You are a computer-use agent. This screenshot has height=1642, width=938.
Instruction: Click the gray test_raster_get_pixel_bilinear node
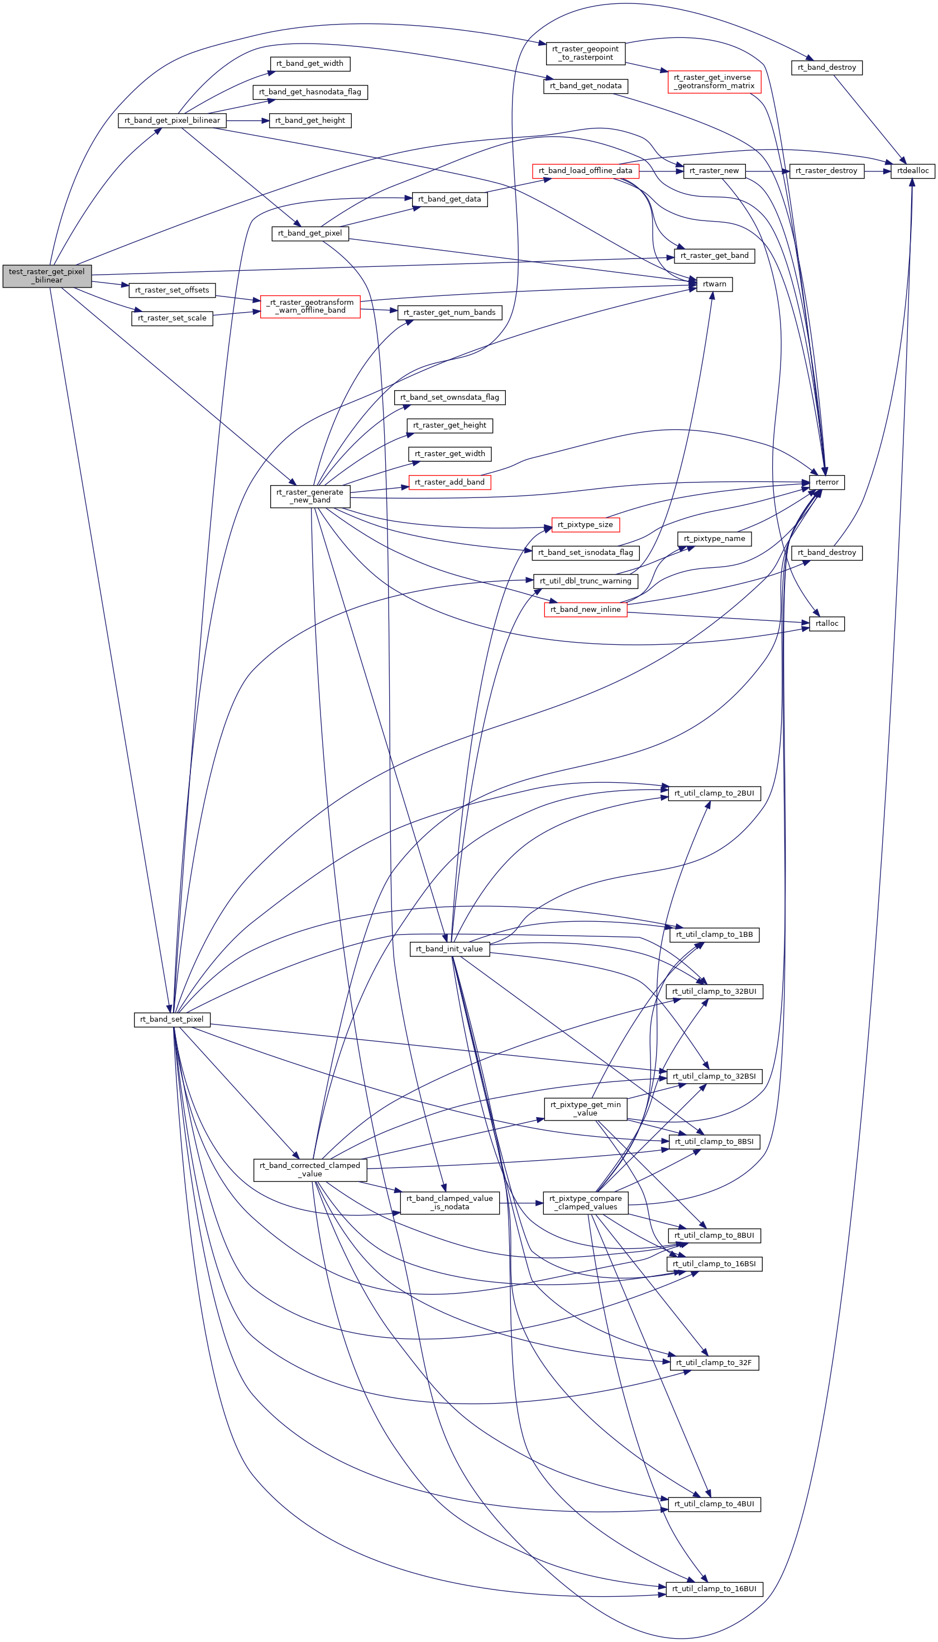47,276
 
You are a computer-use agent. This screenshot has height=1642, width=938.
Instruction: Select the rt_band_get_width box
310,64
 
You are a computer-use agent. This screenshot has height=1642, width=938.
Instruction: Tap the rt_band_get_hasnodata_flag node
310,92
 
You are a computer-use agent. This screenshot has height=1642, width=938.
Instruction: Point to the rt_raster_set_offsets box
172,290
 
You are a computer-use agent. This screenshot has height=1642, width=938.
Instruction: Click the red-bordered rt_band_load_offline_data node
586,171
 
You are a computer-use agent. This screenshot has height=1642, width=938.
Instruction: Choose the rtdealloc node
913,171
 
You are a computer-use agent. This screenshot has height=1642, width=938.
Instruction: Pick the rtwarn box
715,284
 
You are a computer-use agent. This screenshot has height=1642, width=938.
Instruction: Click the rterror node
827,482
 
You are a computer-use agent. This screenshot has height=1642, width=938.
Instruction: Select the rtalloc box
827,624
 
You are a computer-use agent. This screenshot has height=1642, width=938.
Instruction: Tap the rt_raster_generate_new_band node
310,496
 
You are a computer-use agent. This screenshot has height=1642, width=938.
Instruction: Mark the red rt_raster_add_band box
449,482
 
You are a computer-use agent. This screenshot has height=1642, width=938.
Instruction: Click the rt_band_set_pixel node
172,1019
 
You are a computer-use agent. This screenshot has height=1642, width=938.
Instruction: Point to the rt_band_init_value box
449,949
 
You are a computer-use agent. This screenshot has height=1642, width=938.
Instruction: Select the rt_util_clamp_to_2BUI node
715,793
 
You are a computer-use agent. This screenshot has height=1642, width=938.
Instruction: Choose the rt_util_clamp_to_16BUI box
715,1589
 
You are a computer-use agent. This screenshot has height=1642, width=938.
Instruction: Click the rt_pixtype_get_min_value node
586,1109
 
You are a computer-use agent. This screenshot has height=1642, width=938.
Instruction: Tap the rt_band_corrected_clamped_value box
310,1170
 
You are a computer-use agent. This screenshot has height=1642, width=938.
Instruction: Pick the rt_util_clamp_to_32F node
715,1362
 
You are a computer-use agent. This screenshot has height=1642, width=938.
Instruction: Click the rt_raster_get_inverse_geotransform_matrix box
715,82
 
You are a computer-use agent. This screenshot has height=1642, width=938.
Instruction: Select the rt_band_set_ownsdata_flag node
449,398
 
